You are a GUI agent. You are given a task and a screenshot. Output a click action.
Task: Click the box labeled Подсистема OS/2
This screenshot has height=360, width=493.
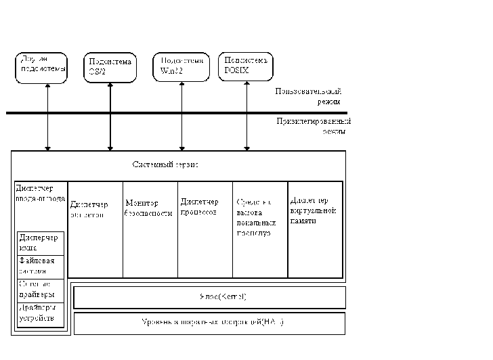point(110,67)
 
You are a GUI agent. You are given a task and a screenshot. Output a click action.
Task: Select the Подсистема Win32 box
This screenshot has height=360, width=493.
point(179,67)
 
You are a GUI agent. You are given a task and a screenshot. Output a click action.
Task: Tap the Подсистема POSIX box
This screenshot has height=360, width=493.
point(245,66)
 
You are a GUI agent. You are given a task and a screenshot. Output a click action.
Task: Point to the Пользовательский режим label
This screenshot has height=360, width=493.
point(308,95)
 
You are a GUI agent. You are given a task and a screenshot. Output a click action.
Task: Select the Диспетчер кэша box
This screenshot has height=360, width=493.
point(41,243)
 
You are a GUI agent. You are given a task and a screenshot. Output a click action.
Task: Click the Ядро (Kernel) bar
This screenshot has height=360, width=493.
point(209,297)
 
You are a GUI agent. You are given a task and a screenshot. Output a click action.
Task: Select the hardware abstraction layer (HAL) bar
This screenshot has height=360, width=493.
point(209,323)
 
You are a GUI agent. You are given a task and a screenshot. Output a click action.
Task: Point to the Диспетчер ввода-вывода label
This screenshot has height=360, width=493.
point(40,194)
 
